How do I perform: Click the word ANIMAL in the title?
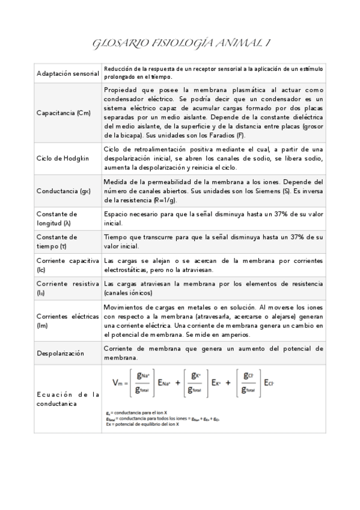[236, 43]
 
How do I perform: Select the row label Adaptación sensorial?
[68, 73]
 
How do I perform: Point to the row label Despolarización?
[61, 352]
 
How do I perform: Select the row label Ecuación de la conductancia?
[68, 399]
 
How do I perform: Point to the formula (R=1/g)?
[153, 200]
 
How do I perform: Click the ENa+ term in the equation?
[166, 382]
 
